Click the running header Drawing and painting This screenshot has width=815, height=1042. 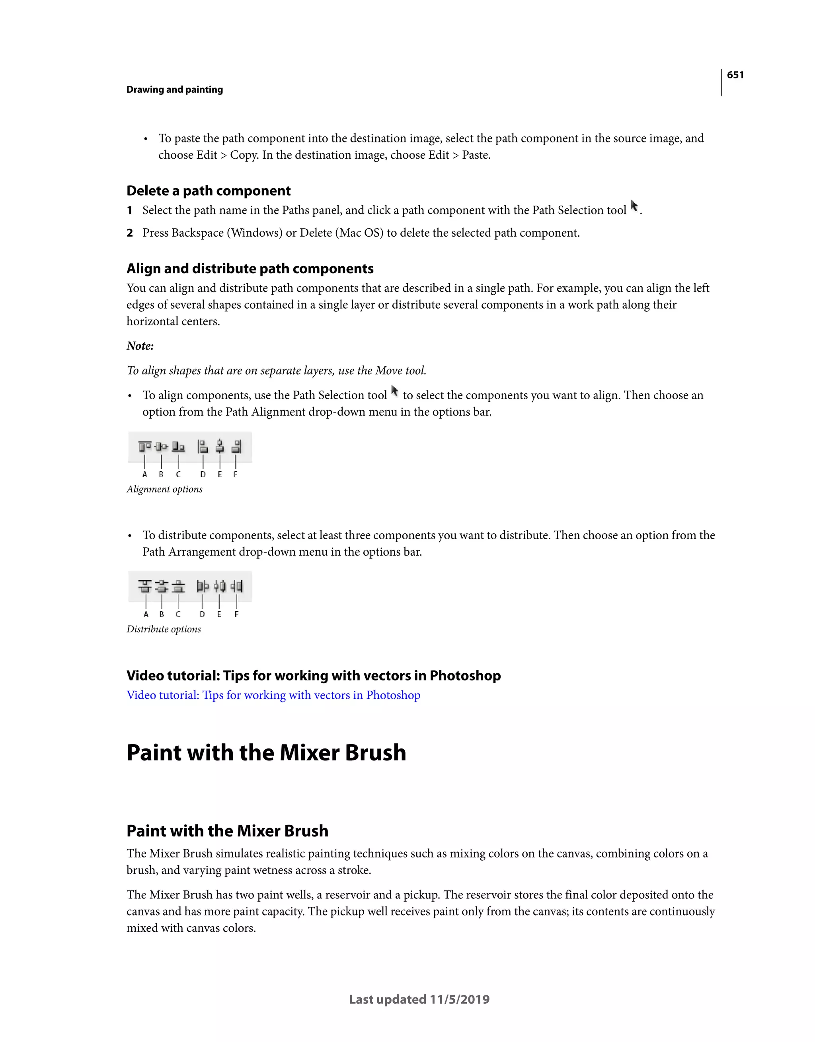coord(174,90)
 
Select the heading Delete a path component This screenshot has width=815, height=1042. coord(208,191)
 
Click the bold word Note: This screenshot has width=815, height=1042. coord(140,346)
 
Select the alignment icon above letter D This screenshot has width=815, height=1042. coord(203,447)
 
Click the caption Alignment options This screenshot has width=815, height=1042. coord(164,489)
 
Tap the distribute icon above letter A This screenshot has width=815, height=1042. coord(145,586)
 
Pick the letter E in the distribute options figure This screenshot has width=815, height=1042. coord(219,614)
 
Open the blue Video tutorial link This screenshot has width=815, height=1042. coord(273,695)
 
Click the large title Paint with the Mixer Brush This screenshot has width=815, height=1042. coord(266,753)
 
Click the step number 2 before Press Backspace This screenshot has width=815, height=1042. coord(129,233)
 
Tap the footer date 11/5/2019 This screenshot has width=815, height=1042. coord(459,999)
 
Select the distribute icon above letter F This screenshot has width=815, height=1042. coord(237,586)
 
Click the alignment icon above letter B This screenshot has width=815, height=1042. coord(162,447)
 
